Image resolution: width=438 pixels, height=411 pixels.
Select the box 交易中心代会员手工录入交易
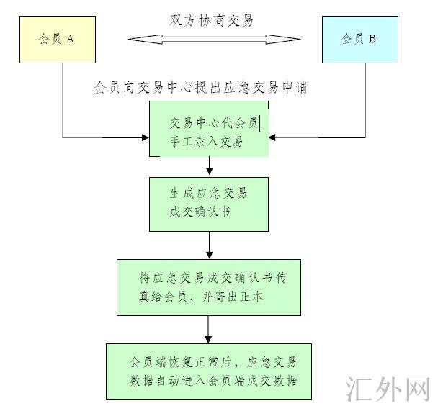pyautogui.click(x=209, y=130)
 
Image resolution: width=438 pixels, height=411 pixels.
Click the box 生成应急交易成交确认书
pyautogui.click(x=209, y=204)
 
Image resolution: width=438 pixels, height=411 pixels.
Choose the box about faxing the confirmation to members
pyautogui.click(x=208, y=286)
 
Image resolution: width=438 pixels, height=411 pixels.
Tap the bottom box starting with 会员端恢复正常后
pyautogui.click(x=210, y=371)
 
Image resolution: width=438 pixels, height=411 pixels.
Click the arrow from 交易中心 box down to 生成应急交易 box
pyautogui.click(x=209, y=166)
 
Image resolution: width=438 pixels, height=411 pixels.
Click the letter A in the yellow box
pyautogui.click(x=70, y=40)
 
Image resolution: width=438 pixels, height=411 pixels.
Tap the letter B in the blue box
pyautogui.click(x=372, y=40)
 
